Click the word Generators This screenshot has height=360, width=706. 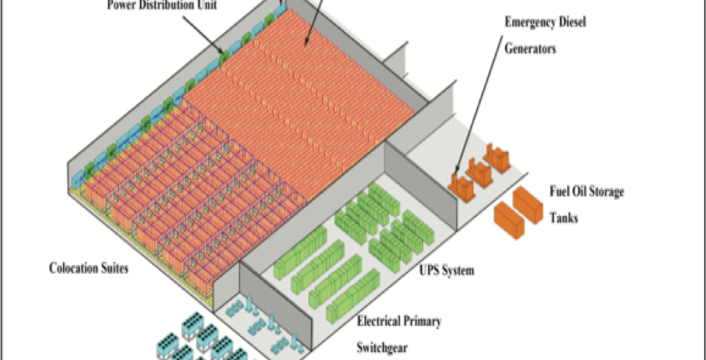(x=529, y=48)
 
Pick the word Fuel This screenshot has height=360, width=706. (x=560, y=192)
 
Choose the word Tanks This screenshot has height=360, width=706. (x=563, y=218)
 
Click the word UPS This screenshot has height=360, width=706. (x=432, y=270)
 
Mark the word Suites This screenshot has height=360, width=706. (x=115, y=268)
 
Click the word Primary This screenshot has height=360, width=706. (x=425, y=322)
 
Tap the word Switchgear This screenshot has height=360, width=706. (x=382, y=348)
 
